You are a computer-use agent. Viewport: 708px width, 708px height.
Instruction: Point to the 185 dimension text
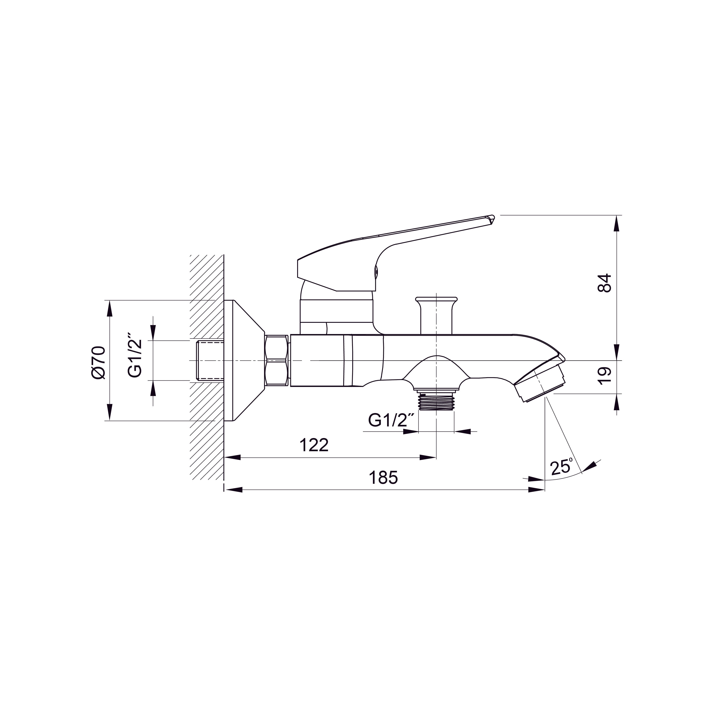click(x=383, y=478)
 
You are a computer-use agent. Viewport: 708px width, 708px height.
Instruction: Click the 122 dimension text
click(x=314, y=445)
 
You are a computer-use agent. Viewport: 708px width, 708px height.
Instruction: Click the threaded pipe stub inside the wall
click(x=210, y=361)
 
